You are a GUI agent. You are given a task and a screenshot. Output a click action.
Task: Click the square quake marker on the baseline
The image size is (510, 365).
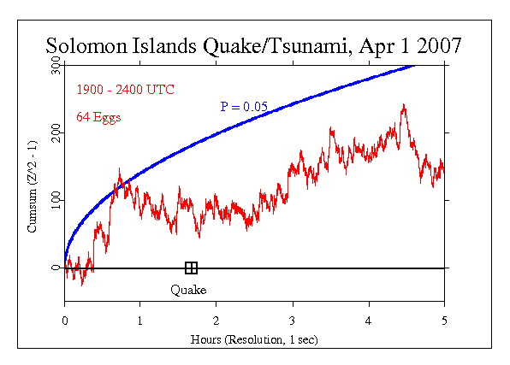point(191,268)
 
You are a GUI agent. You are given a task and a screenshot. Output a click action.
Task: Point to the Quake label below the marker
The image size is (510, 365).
point(187,290)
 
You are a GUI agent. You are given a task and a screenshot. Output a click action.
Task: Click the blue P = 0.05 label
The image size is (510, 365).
point(246,107)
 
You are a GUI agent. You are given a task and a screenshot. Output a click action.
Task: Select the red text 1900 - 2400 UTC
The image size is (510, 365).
point(125,89)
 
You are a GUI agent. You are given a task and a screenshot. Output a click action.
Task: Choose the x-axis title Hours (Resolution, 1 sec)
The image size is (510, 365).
point(254,338)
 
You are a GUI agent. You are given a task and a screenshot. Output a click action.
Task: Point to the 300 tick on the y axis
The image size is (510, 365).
point(54,65)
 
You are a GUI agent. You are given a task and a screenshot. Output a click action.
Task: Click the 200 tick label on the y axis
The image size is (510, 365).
point(54,132)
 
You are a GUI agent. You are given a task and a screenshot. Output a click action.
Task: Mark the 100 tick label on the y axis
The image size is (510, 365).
point(54,200)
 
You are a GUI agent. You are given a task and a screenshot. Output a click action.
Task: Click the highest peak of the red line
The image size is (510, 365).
point(403,105)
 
